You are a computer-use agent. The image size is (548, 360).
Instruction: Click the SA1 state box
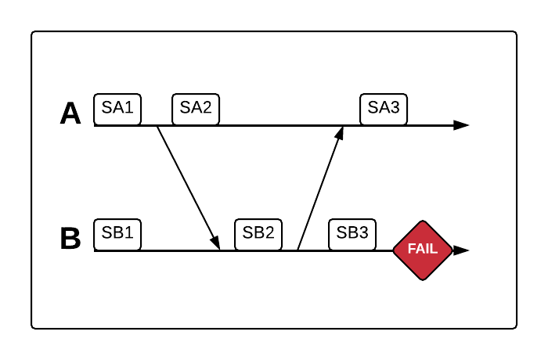[117, 109]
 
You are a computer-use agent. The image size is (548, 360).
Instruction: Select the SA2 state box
[196, 109]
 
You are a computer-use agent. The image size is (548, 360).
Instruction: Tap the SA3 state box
[384, 109]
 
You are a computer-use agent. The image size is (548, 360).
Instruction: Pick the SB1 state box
[117, 233]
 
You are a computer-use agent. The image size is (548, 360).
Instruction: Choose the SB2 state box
[258, 233]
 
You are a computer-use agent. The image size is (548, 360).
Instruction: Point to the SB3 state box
[352, 233]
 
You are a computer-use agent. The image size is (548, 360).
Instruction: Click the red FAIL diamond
[423, 250]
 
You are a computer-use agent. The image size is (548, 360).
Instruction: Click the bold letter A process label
[70, 114]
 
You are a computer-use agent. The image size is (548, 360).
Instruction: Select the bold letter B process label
[70, 239]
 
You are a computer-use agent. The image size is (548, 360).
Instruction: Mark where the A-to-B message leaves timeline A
[157, 126]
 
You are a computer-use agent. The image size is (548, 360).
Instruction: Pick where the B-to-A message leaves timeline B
[298, 250]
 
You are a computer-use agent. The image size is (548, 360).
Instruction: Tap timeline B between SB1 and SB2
[180, 250]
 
